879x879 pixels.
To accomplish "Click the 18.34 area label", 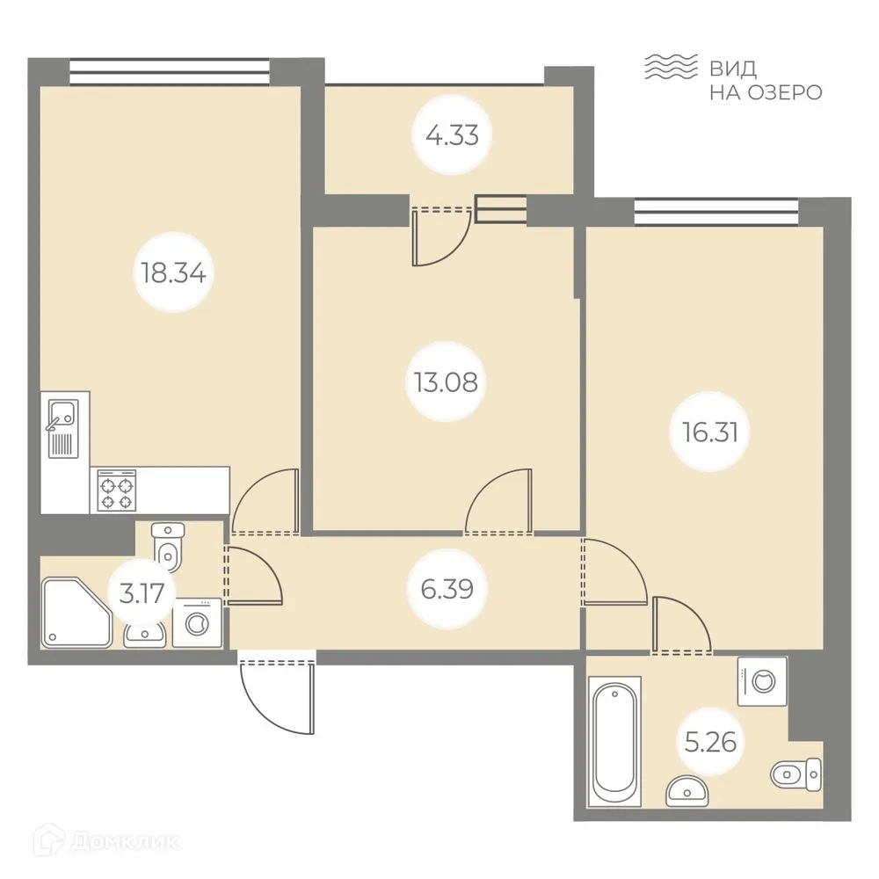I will [173, 272].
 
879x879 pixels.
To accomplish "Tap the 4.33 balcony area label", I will [451, 137].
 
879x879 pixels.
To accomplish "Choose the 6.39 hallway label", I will [447, 589].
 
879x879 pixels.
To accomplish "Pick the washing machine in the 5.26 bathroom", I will [762, 680].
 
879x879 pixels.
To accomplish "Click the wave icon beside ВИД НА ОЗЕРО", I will [671, 67].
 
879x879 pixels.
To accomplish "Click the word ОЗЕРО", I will [781, 91].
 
